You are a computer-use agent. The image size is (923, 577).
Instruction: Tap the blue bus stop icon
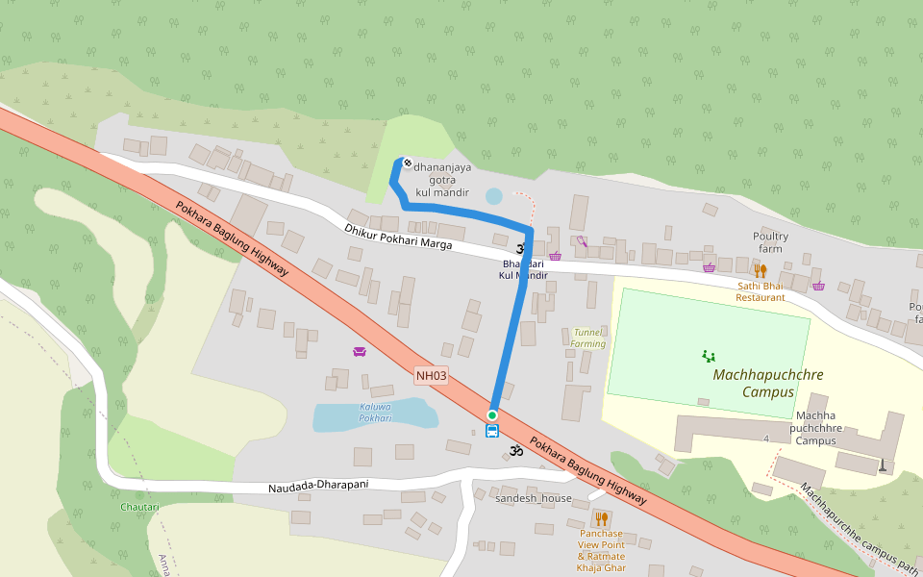[492, 431]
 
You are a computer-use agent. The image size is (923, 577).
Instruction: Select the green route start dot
[492, 414]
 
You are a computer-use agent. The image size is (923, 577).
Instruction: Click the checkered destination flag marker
[407, 163]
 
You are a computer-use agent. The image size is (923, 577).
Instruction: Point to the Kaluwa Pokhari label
[375, 412]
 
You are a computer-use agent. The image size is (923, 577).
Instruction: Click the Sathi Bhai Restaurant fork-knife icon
[761, 271]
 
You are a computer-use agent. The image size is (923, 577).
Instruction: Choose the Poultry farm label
[770, 242]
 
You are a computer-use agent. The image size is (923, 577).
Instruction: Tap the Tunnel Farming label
[587, 337]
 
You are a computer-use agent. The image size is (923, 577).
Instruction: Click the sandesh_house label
[533, 498]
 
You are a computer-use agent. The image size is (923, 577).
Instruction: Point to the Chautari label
[139, 506]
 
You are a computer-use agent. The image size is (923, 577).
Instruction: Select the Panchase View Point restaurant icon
[601, 519]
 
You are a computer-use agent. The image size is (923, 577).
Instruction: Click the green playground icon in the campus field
[709, 356]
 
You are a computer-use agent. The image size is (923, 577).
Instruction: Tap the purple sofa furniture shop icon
[360, 351]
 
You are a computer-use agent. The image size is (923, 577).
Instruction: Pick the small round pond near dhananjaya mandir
[493, 196]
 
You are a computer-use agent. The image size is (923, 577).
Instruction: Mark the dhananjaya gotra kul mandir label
[442, 180]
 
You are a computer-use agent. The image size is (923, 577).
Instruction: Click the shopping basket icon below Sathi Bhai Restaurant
[818, 285]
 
